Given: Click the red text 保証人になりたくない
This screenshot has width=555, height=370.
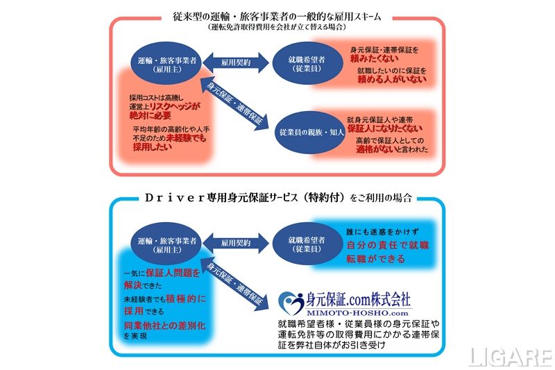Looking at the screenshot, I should (x=385, y=128).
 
